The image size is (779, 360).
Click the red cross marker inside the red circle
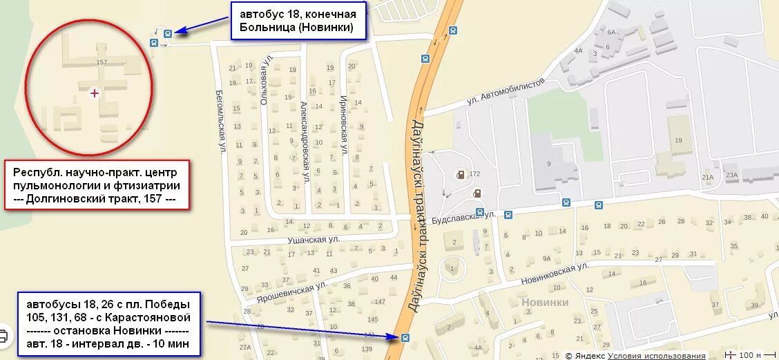pos(95,93)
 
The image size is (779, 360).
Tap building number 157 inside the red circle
pos(102,62)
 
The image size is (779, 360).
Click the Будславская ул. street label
pos(463,216)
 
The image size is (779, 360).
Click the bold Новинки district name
pos(545,302)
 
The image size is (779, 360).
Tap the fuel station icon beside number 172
pos(459,174)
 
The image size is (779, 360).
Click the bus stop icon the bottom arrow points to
pos(405,337)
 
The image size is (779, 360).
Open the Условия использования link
pos(657,356)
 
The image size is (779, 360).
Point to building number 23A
pos(732,176)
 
